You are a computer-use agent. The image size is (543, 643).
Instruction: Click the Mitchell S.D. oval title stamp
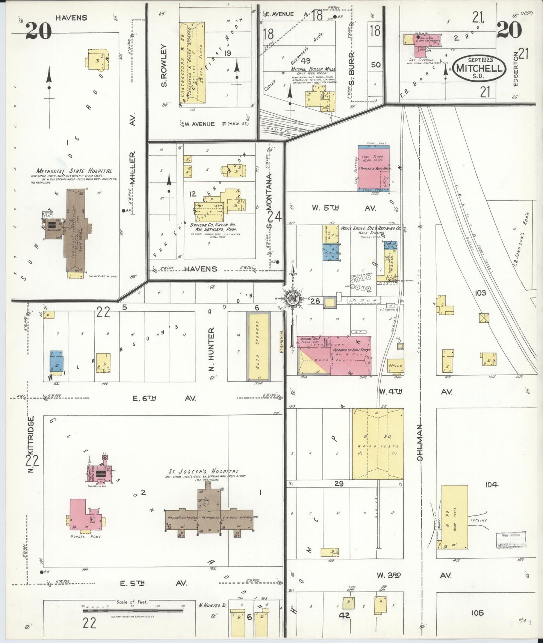479,68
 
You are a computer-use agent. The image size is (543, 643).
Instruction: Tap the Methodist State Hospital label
74,171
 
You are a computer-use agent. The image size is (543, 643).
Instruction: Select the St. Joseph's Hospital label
203,472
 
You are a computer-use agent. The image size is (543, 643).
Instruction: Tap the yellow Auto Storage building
258,346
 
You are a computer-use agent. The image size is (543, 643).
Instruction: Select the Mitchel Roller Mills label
313,69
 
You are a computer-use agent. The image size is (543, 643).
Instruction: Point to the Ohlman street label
420,443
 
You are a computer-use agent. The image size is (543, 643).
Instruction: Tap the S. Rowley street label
164,66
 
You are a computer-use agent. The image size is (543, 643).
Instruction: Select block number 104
491,485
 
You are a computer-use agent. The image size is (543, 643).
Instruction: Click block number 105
477,613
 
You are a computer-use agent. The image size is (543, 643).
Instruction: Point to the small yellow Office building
395,365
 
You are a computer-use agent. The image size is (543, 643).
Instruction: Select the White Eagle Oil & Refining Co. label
371,228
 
